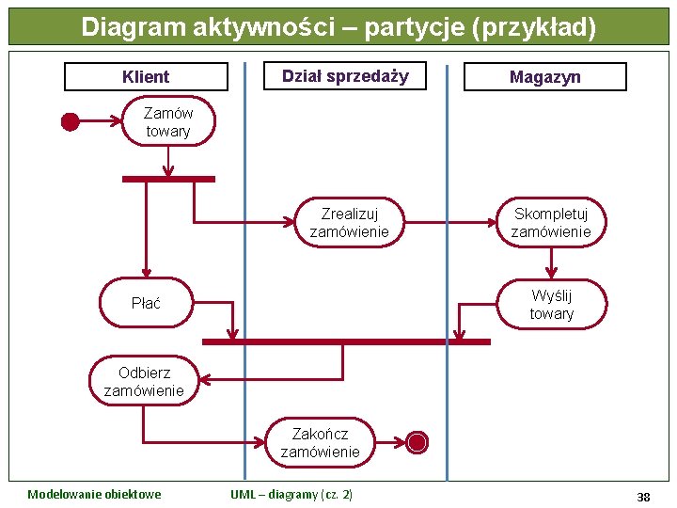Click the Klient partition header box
146,77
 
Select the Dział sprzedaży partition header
345,76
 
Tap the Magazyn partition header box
545,77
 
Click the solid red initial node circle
70,121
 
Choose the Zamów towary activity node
168,122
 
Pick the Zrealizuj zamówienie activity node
349,223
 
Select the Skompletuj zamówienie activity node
551,223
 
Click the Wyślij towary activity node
551,305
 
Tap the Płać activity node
146,303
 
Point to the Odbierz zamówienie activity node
144,381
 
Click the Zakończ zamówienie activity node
320,442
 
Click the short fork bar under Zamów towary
168,179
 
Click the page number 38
643,497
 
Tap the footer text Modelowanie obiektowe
94,495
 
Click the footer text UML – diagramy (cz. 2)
291,495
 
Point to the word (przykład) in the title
536,27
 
